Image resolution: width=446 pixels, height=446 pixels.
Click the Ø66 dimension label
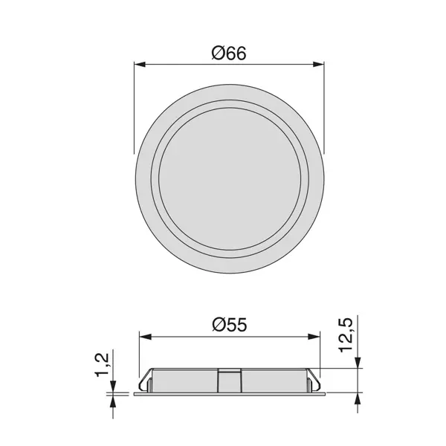[229, 54]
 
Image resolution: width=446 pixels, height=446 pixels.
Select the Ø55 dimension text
[230, 325]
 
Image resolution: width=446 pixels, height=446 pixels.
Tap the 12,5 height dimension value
[346, 336]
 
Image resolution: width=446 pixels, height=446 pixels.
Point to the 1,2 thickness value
[103, 365]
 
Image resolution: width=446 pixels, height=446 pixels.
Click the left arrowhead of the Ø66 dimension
[140, 64]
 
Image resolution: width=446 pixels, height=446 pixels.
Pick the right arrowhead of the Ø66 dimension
[318, 64]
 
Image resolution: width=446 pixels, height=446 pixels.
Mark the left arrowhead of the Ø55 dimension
[145, 337]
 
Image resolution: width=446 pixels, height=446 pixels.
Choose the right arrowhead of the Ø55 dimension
[314, 337]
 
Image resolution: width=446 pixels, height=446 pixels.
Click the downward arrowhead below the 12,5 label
[358, 363]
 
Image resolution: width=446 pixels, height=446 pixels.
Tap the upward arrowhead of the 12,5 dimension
[358, 398]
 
